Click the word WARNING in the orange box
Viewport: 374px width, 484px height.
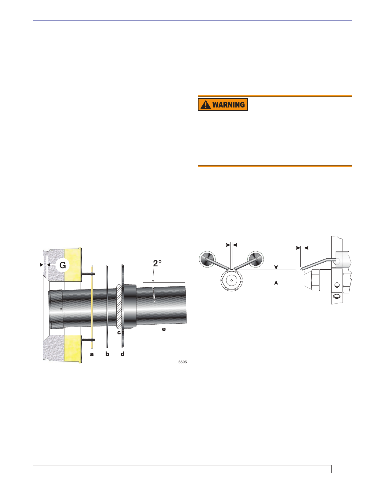coord(229,104)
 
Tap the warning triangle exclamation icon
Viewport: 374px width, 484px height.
coord(205,105)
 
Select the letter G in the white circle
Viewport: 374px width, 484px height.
coord(63,265)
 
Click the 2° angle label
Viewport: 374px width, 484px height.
coord(157,264)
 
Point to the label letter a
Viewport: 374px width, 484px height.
coord(92,354)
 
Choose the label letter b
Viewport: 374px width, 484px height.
coord(107,354)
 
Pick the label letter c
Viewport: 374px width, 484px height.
coord(119,333)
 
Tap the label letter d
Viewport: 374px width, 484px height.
coord(123,354)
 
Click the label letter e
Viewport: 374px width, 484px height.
coord(164,329)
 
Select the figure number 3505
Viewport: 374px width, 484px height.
coord(183,362)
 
